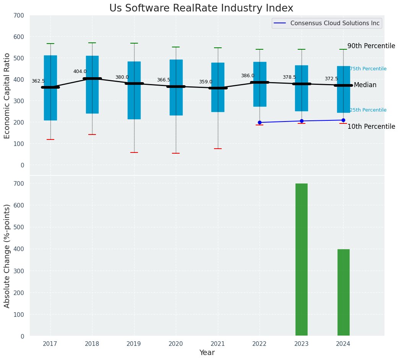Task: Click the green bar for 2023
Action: click(301, 260)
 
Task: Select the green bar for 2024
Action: click(343, 293)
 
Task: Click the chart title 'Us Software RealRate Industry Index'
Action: click(201, 8)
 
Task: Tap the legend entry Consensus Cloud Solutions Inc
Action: click(335, 23)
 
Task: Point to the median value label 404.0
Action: click(80, 71)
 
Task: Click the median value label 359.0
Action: click(206, 82)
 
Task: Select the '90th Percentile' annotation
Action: click(371, 46)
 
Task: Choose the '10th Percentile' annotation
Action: click(371, 126)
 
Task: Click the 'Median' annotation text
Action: click(365, 85)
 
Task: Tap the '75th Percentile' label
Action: click(368, 69)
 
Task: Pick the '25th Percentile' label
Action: click(368, 110)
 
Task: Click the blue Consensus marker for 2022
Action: click(260, 122)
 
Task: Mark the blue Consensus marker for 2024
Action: click(343, 120)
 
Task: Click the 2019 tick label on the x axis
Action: click(134, 344)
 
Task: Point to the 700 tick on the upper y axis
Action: click(19, 15)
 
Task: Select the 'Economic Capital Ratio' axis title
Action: click(7, 96)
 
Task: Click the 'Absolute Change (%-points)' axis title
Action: click(7, 256)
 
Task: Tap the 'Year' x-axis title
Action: click(207, 353)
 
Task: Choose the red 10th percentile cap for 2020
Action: click(176, 153)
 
